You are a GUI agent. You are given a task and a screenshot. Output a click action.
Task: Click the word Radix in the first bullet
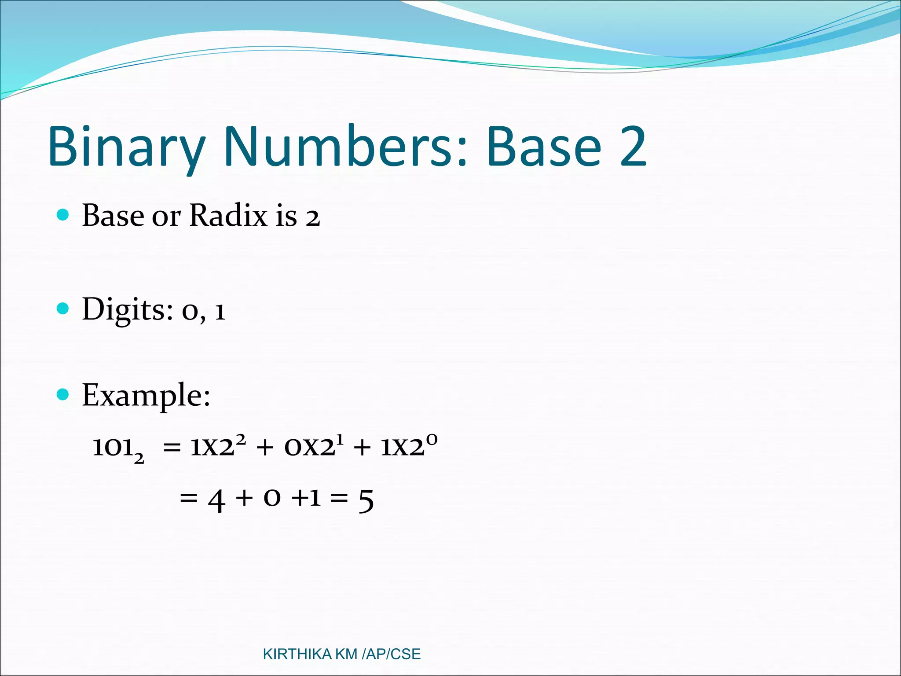(228, 216)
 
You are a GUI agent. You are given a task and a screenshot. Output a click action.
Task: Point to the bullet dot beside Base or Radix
(63, 215)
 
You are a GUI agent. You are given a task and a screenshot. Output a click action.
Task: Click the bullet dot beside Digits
(63, 308)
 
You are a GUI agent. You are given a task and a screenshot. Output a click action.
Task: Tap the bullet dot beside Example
(63, 394)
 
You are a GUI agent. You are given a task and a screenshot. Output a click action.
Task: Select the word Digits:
(128, 310)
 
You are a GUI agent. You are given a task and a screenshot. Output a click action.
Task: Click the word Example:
(146, 395)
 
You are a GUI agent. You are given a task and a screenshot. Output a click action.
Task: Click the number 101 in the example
(113, 447)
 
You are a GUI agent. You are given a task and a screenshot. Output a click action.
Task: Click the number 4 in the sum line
(216, 500)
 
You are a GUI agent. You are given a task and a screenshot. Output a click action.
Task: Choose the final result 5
(366, 500)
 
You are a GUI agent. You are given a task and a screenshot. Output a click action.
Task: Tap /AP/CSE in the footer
(391, 654)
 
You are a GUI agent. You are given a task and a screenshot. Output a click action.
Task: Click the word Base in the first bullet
(113, 216)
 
